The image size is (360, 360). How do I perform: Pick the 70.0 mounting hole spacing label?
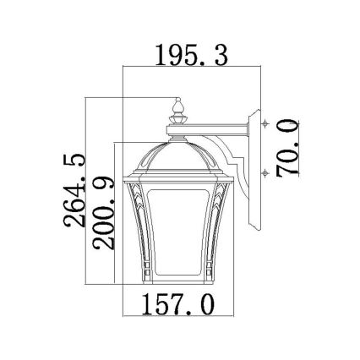[x=290, y=147]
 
